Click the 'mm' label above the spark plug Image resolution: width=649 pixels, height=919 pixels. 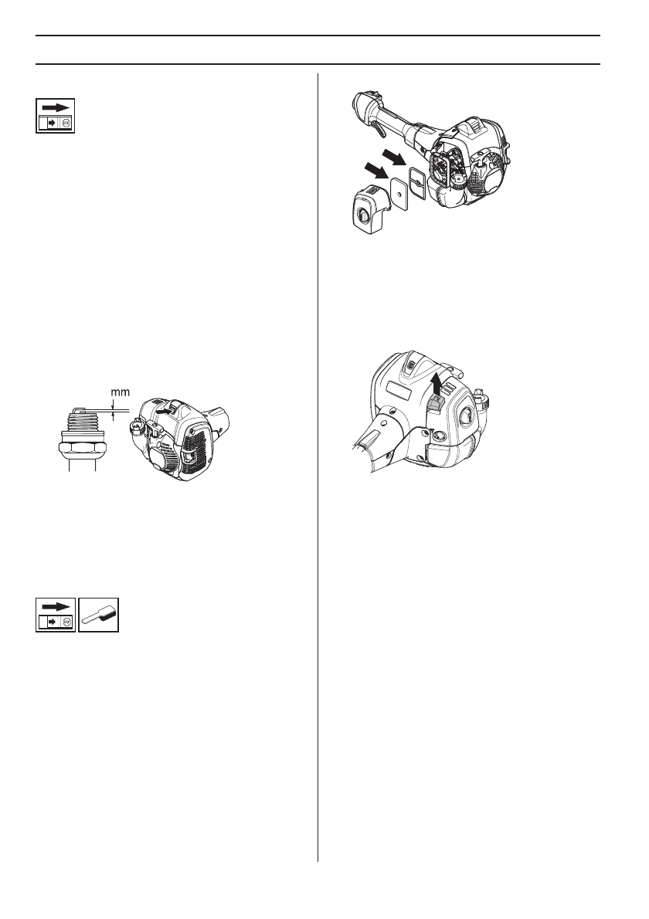(120, 392)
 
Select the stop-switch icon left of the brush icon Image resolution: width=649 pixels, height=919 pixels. (56, 615)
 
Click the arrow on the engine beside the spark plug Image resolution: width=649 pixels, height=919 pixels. (163, 412)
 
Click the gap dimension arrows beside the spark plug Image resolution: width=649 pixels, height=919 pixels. (115, 415)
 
